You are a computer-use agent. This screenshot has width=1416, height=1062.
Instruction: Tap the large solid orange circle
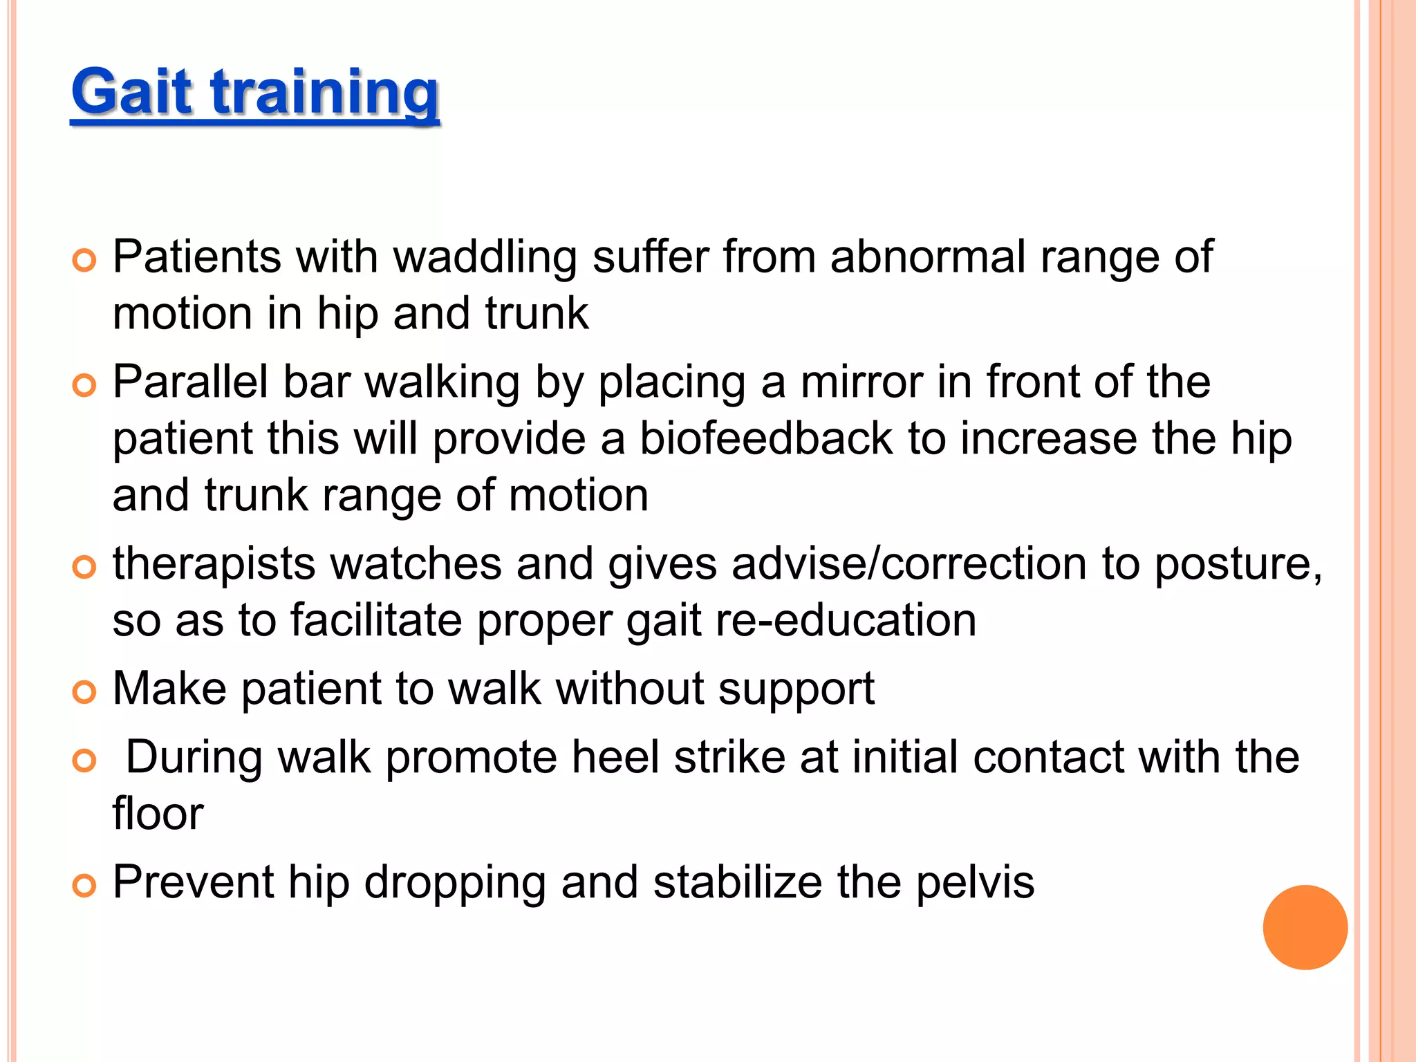1305,927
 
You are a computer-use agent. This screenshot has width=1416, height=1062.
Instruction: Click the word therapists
214,563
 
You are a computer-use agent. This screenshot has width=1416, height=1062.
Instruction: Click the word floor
158,813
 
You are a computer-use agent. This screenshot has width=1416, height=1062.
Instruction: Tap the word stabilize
737,882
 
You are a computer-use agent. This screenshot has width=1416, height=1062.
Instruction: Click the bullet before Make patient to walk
84,692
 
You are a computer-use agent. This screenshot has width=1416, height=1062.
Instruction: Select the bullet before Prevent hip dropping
84,886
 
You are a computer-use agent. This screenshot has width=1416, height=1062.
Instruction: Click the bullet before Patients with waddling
84,261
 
